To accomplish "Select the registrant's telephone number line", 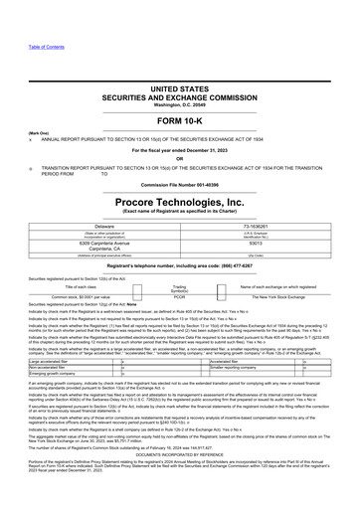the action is point(180,269).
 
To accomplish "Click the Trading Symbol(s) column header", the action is point(180,286).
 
